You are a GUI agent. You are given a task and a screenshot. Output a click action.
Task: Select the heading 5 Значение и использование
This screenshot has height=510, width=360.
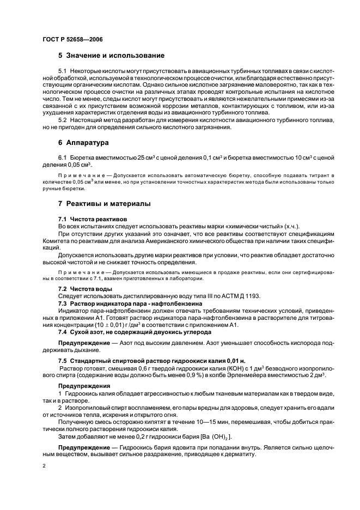(111, 56)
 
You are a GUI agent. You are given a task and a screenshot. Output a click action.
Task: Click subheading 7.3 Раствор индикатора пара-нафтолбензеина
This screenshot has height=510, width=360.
(130, 302)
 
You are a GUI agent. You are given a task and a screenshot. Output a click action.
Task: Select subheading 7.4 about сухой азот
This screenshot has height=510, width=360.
(131, 331)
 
